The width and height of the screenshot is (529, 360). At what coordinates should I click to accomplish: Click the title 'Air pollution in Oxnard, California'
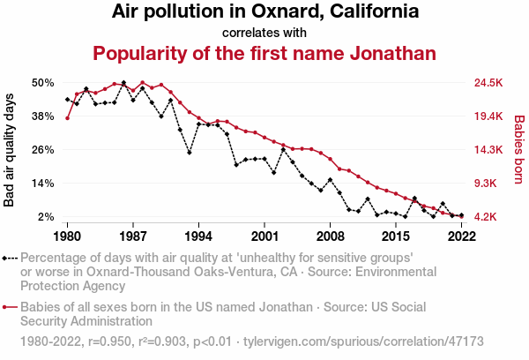(x=264, y=12)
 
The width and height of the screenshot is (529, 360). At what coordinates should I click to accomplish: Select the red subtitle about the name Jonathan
(x=264, y=53)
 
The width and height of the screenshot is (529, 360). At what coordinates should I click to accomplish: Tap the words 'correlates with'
(x=264, y=33)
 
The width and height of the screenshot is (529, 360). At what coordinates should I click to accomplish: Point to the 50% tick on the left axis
(x=43, y=83)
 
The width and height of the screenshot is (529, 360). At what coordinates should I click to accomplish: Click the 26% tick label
(x=43, y=150)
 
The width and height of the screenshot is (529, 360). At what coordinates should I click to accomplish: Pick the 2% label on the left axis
(x=47, y=217)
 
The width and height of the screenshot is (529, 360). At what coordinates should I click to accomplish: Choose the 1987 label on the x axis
(x=133, y=236)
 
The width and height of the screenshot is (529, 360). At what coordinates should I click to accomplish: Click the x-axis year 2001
(x=264, y=236)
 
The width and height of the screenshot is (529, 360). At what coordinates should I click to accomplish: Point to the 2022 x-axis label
(x=461, y=236)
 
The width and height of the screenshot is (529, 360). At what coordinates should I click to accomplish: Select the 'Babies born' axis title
(x=518, y=150)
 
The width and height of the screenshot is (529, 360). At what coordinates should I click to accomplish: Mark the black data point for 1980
(x=67, y=100)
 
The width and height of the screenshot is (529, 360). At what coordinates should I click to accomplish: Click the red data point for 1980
(x=67, y=118)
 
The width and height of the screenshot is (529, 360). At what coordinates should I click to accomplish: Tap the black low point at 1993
(x=190, y=153)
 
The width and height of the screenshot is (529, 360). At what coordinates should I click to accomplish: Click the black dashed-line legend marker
(x=10, y=259)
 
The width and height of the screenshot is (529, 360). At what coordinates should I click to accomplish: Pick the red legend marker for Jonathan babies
(x=10, y=308)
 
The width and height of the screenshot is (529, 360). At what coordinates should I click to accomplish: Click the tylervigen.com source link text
(x=362, y=340)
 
